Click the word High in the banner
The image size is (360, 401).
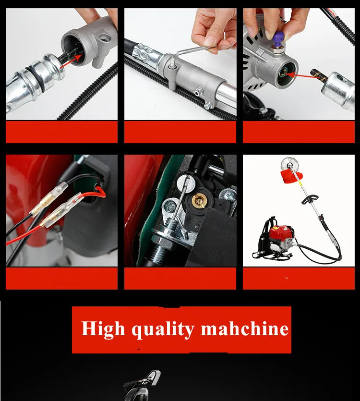[103, 329]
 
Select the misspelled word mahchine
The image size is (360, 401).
[245, 329]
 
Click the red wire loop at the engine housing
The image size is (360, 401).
[100, 191]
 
